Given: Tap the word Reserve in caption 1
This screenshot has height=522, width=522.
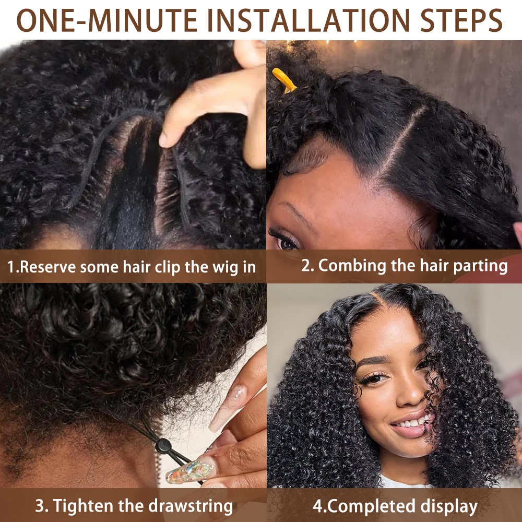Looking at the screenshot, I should tap(50, 267).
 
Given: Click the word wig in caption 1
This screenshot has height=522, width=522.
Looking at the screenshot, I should tap(223, 267).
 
